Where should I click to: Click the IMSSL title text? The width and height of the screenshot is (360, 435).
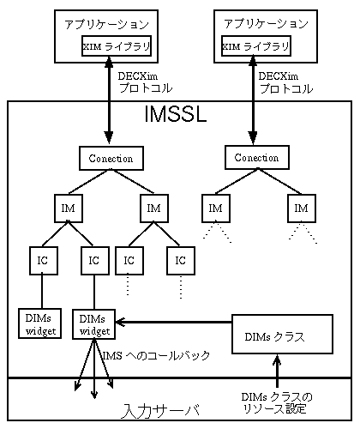[176, 114]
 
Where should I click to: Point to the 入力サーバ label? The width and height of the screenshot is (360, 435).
[160, 411]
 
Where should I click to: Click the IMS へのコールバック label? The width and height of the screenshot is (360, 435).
[156, 356]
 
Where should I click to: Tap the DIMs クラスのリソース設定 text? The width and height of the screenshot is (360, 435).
[277, 403]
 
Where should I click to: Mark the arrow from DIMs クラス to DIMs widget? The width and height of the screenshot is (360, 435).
[173, 322]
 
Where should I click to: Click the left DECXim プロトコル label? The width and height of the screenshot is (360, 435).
[145, 82]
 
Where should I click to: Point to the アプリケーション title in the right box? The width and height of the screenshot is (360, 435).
[266, 24]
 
